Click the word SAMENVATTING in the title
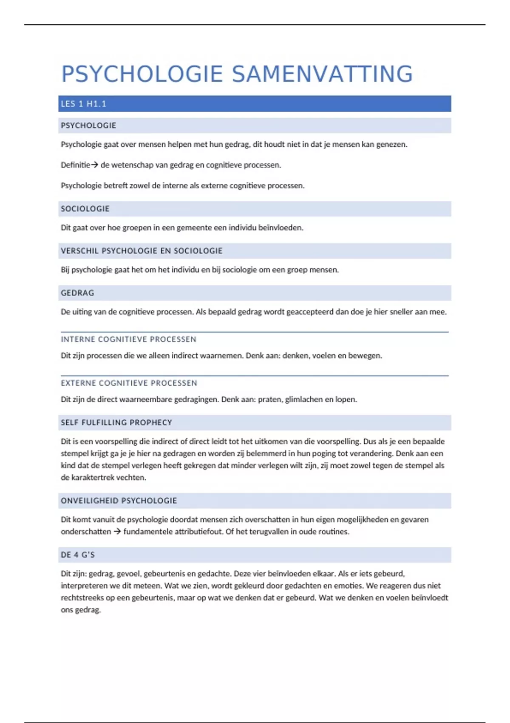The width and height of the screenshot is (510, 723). click(322, 74)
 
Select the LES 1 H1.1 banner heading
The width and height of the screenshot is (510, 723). click(83, 104)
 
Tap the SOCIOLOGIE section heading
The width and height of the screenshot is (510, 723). click(85, 209)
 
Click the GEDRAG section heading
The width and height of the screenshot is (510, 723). click(77, 293)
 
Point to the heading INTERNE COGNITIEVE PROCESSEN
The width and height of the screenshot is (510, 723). click(128, 339)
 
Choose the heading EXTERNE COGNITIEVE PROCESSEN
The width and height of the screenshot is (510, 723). click(129, 383)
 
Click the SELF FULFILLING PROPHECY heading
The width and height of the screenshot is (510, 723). click(116, 423)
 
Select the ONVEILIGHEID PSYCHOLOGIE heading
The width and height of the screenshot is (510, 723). click(119, 501)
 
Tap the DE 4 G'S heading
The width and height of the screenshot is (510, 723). click(78, 555)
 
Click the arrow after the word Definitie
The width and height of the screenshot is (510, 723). click(94, 165)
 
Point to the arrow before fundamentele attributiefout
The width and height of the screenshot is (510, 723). click(117, 532)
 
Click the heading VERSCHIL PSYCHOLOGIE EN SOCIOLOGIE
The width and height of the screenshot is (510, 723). click(142, 251)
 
